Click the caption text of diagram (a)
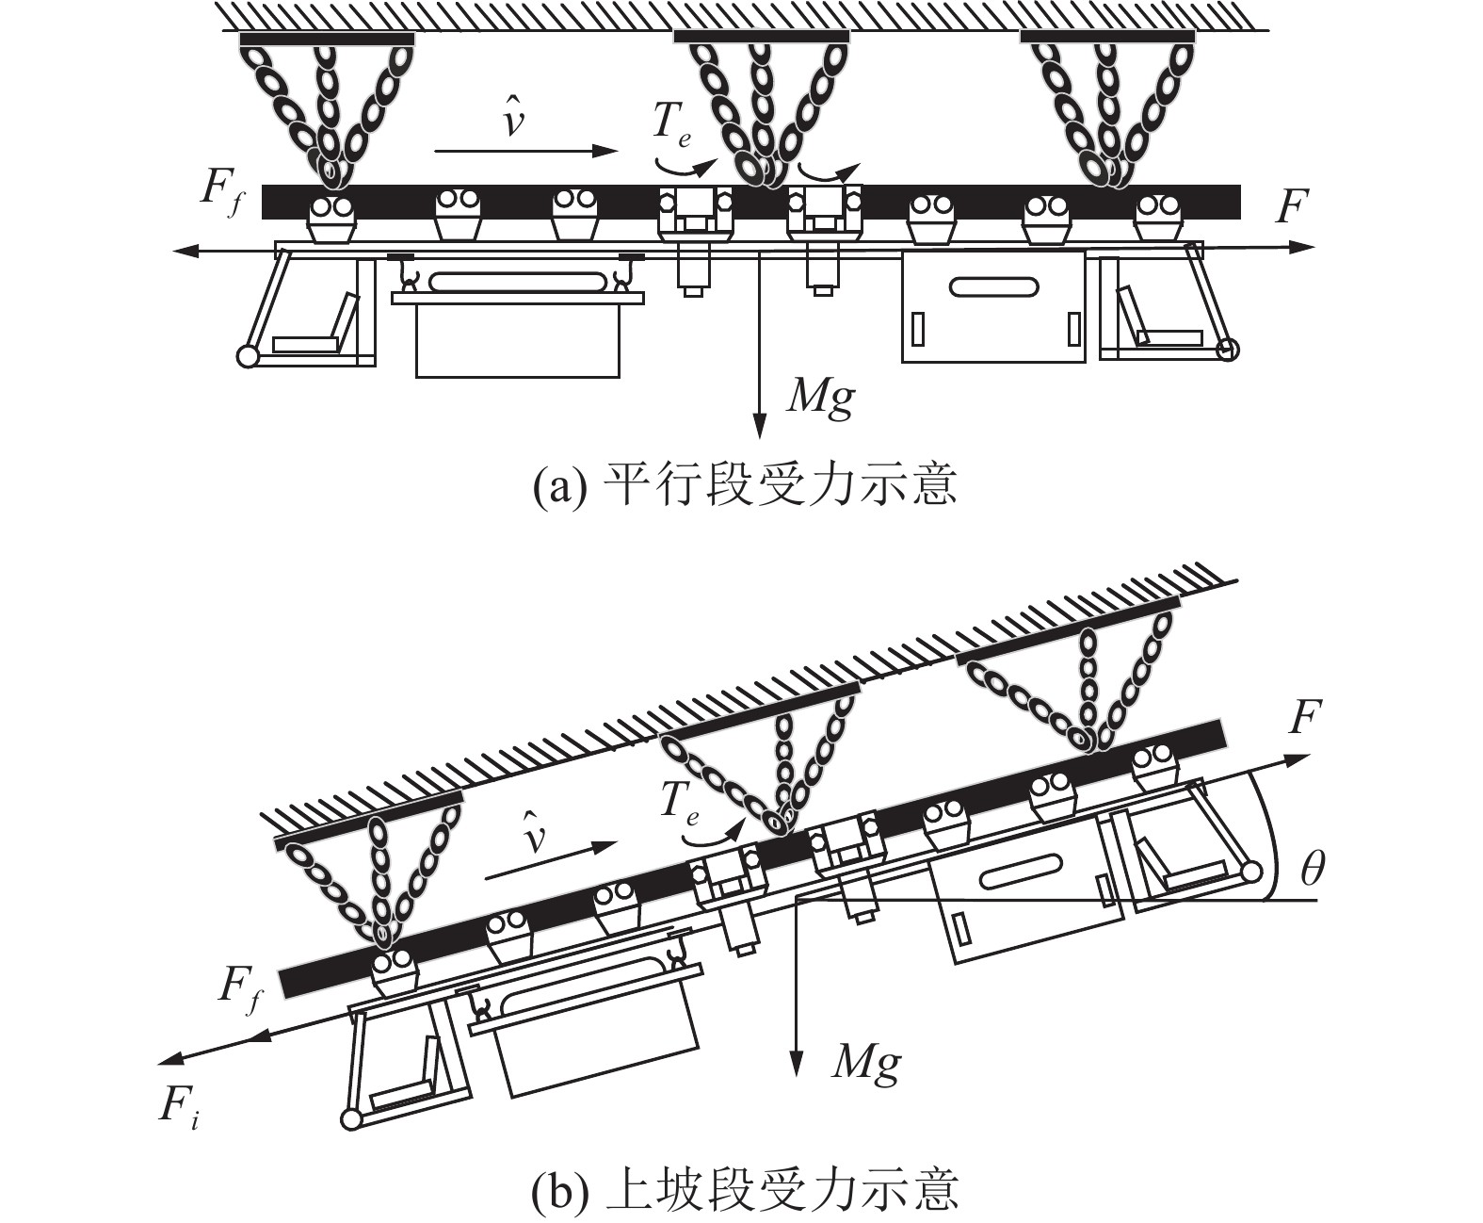click(x=744, y=485)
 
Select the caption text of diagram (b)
click(x=744, y=1189)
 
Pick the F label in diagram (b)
click(x=1303, y=720)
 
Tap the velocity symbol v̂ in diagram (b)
click(x=535, y=835)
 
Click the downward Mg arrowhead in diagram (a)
click(x=758, y=428)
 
